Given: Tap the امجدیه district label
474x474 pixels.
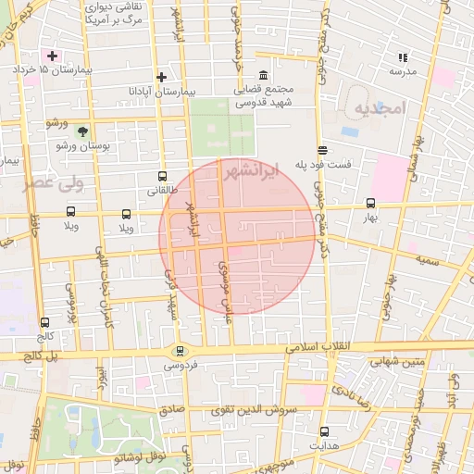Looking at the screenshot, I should point(380,108).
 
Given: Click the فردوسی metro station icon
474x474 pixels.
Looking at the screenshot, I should point(179,351).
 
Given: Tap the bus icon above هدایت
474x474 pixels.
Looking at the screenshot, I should point(324,431).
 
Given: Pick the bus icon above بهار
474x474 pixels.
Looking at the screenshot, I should point(371,204).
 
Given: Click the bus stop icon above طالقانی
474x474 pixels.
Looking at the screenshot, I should point(163,177).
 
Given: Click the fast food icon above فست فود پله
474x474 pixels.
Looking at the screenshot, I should point(322,150).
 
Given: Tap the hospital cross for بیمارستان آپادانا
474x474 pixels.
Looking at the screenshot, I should point(161,78).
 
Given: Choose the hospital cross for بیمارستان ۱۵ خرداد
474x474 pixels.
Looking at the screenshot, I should point(52,56).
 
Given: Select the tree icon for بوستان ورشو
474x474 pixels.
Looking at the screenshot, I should point(81,132).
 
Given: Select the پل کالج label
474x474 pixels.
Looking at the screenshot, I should point(41,356).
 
